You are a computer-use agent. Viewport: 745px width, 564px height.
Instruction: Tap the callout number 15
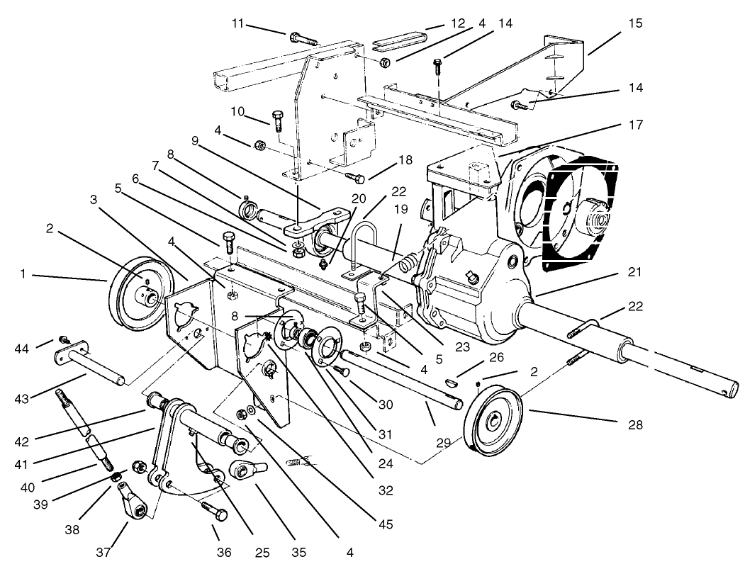click(635, 23)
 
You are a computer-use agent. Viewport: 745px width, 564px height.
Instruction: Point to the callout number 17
click(635, 125)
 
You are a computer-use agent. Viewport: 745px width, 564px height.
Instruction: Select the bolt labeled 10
click(278, 120)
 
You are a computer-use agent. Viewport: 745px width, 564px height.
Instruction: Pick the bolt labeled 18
click(354, 176)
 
